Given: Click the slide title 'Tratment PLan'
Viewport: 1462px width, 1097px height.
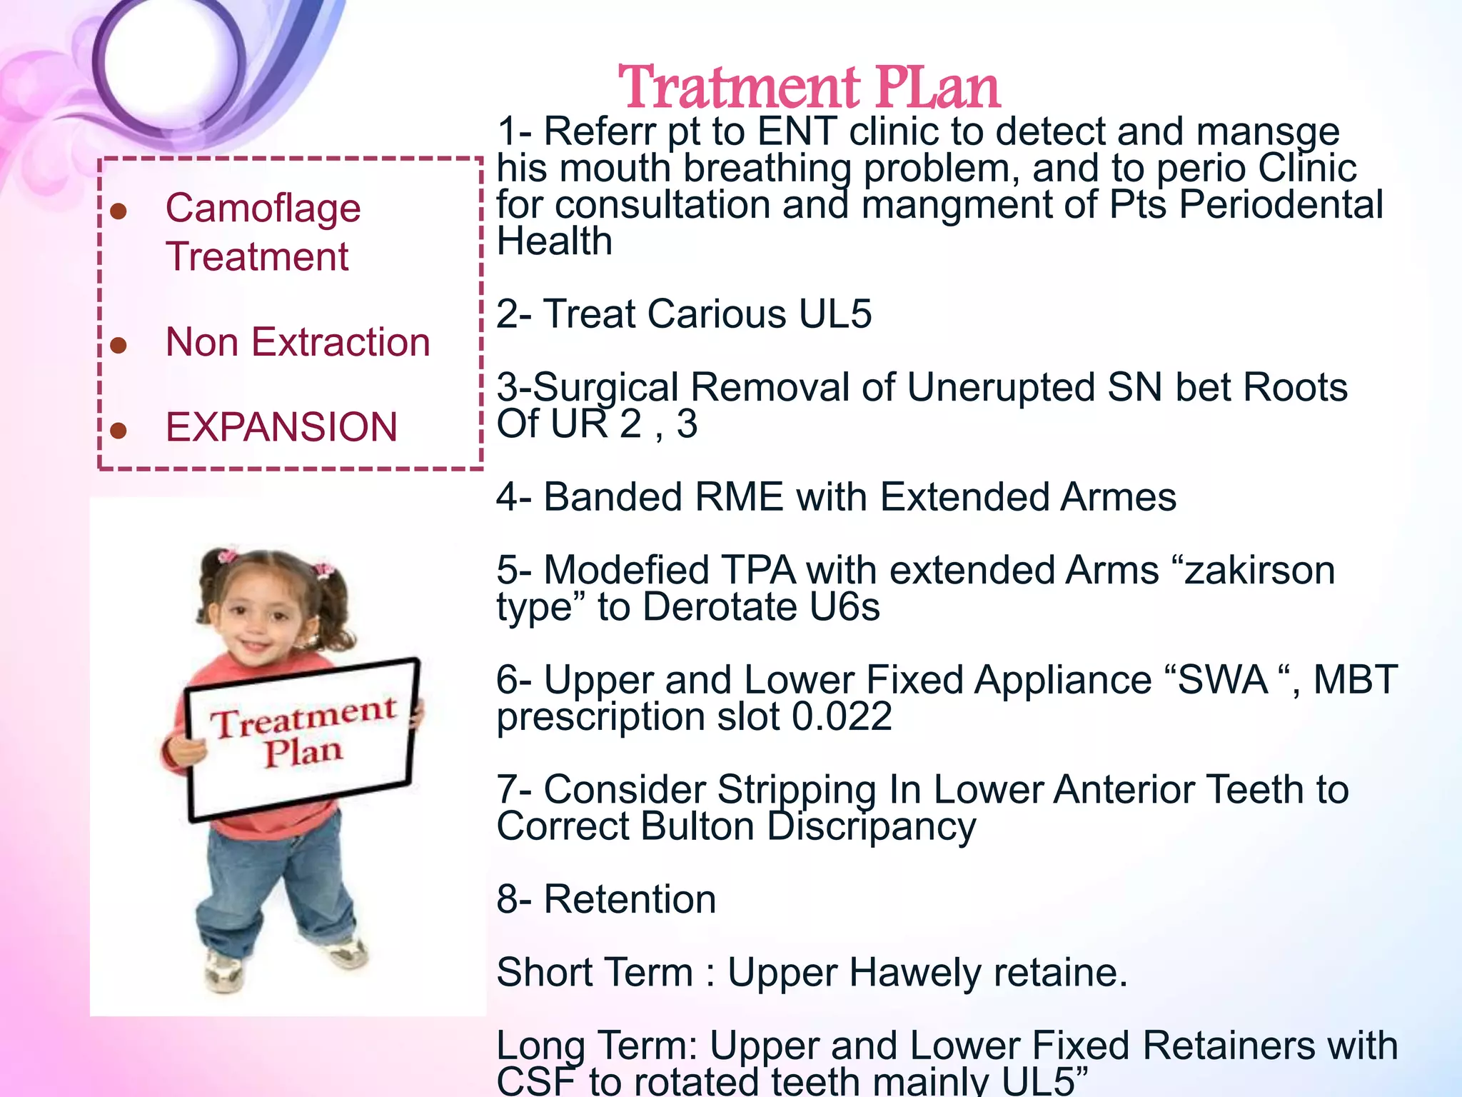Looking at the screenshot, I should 809,87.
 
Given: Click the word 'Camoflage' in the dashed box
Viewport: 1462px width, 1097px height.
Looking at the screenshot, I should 263,209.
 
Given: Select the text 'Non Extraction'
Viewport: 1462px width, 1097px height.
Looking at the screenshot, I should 298,342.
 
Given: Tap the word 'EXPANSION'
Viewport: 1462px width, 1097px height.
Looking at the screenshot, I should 281,427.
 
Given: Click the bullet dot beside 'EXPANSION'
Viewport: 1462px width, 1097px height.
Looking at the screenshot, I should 119,430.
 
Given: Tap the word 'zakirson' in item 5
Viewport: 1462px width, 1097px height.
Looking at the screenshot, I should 1260,571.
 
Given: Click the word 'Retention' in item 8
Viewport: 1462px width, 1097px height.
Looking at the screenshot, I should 630,899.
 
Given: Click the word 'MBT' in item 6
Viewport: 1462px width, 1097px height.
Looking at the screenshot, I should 1355,679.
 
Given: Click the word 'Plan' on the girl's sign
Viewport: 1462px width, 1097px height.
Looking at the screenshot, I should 303,752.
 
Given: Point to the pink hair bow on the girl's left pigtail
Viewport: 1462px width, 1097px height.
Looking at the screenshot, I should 228,556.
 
